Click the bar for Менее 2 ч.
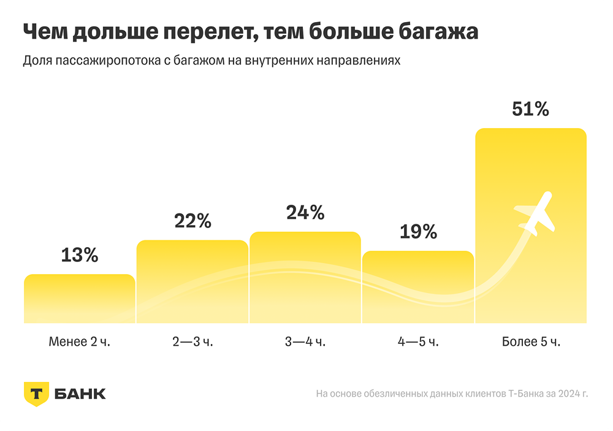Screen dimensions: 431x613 click(79, 299)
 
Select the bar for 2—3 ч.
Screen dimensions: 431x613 click(192, 281)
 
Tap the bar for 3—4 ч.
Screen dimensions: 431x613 click(305, 277)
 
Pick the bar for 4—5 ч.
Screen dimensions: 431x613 click(417, 287)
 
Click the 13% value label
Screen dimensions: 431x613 click(80, 255)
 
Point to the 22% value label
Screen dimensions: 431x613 click(192, 221)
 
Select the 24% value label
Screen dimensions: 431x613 click(305, 213)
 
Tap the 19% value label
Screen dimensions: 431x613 click(418, 232)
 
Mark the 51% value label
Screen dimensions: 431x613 click(531, 109)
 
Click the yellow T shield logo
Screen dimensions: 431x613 click(36, 394)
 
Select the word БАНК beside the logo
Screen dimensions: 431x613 click(80, 394)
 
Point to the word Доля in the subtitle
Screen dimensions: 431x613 click(37, 62)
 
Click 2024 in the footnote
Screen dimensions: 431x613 click(567, 393)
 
